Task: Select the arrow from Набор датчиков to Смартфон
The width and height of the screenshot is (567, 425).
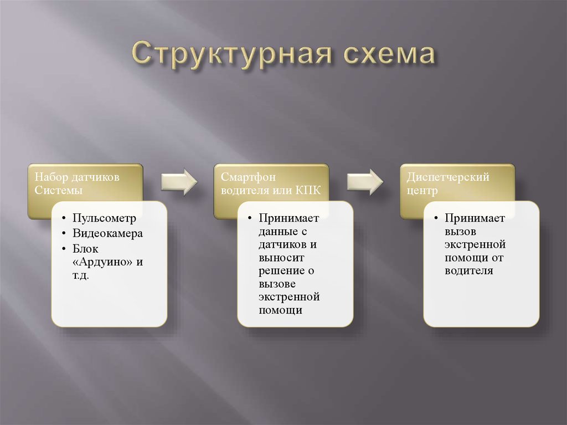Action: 179,181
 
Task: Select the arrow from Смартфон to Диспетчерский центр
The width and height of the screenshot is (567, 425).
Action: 365,181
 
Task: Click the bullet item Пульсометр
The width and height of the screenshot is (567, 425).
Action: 104,218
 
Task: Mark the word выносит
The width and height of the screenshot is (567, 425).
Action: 281,258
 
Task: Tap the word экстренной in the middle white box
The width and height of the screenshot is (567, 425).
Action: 288,297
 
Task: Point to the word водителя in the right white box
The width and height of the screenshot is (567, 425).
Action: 468,271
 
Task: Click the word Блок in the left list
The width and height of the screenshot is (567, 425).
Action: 85,248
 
